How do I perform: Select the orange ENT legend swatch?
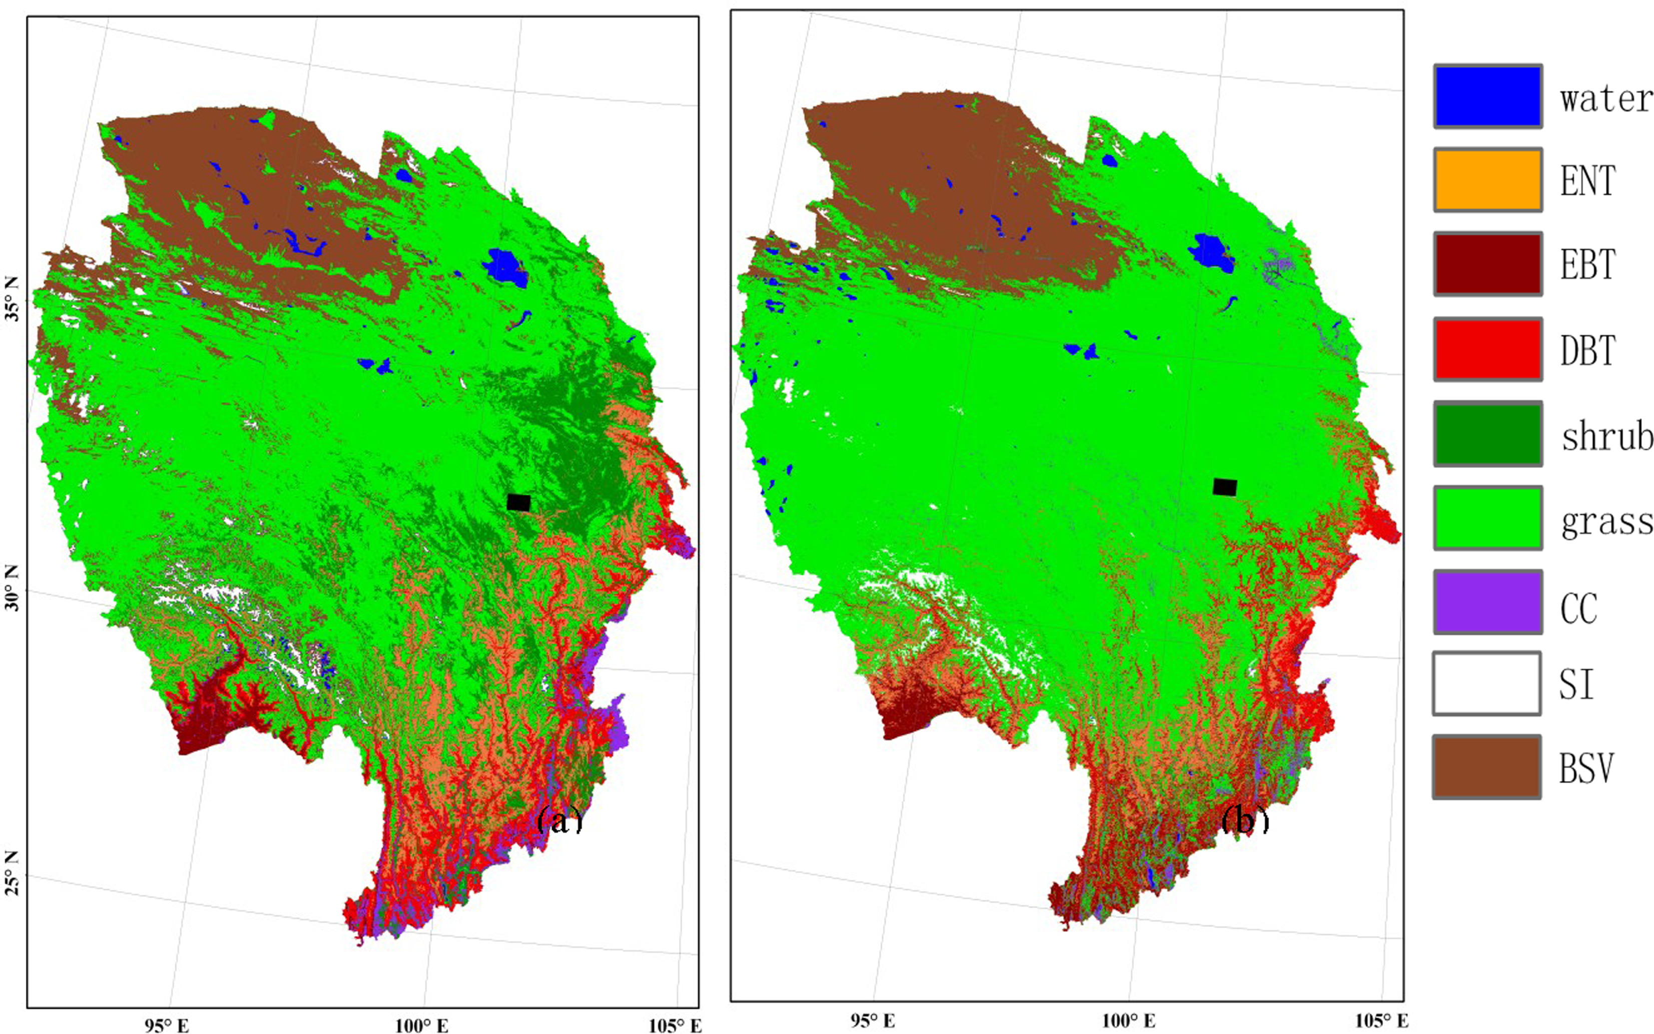1488,180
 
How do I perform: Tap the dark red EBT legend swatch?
1488,264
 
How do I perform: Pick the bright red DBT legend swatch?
1488,349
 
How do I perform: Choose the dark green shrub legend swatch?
1488,433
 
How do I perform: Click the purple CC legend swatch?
1488,602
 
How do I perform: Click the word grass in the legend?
1606,522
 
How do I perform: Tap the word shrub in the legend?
1606,436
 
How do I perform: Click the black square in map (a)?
518,502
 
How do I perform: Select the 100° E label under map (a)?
421,1025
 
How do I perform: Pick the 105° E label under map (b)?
1382,1021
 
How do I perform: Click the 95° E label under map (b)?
872,1021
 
